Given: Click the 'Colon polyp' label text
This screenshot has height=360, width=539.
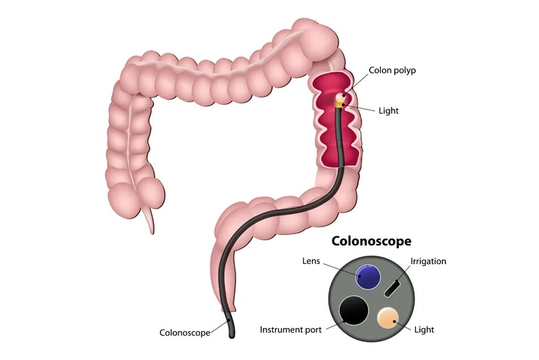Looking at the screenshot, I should click(x=392, y=71).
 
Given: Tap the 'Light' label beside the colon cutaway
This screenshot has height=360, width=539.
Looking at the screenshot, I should click(x=388, y=111).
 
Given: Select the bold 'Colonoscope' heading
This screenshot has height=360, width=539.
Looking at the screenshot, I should click(x=371, y=241).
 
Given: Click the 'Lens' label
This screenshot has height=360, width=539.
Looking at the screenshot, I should click(x=311, y=261).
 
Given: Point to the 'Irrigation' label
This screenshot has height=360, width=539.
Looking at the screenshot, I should click(x=428, y=261).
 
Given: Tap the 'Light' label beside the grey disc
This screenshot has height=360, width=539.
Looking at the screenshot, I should click(x=424, y=329).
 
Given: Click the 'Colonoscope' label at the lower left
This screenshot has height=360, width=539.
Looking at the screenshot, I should click(x=185, y=333).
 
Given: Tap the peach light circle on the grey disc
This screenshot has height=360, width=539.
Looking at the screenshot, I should click(x=389, y=318).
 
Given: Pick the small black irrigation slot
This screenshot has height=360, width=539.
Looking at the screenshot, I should click(x=392, y=288).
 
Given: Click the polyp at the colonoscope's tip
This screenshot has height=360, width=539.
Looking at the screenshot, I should click(x=340, y=98).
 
